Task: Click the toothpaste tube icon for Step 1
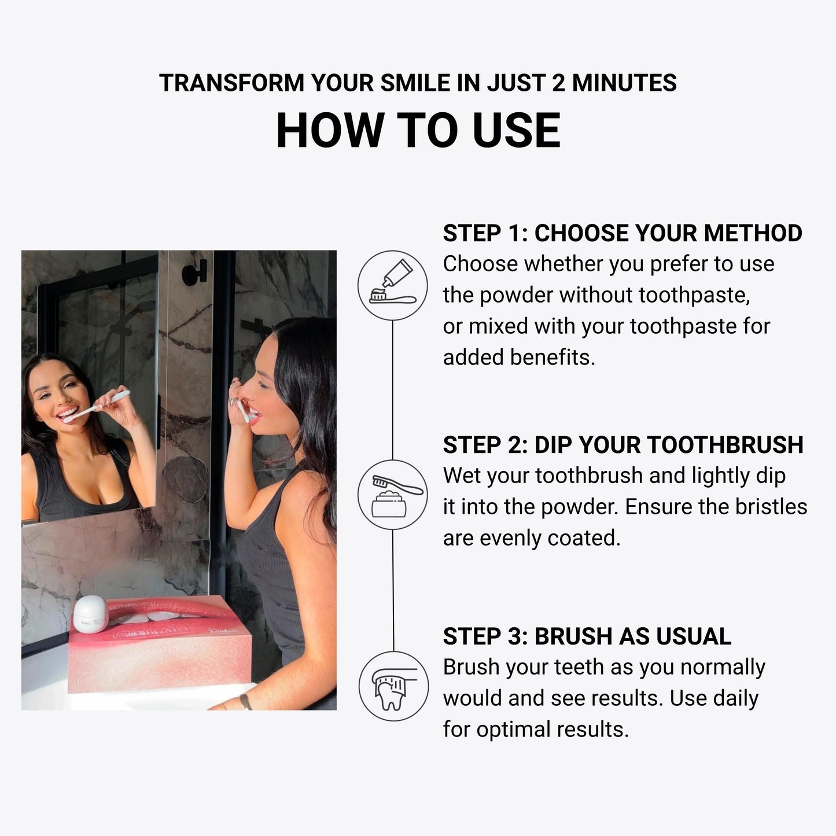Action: (x=393, y=285)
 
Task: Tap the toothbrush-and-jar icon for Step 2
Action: (x=393, y=495)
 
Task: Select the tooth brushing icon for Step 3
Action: (x=393, y=686)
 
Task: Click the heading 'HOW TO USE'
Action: (x=418, y=131)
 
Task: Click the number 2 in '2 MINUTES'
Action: (x=558, y=83)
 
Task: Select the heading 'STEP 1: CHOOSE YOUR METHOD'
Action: (x=623, y=233)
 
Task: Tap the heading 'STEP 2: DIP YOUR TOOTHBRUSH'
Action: (x=623, y=445)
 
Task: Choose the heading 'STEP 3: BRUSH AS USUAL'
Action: (x=587, y=636)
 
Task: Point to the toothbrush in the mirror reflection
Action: (x=98, y=405)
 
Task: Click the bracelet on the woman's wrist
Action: (x=246, y=701)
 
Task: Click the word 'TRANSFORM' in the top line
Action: (x=231, y=83)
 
